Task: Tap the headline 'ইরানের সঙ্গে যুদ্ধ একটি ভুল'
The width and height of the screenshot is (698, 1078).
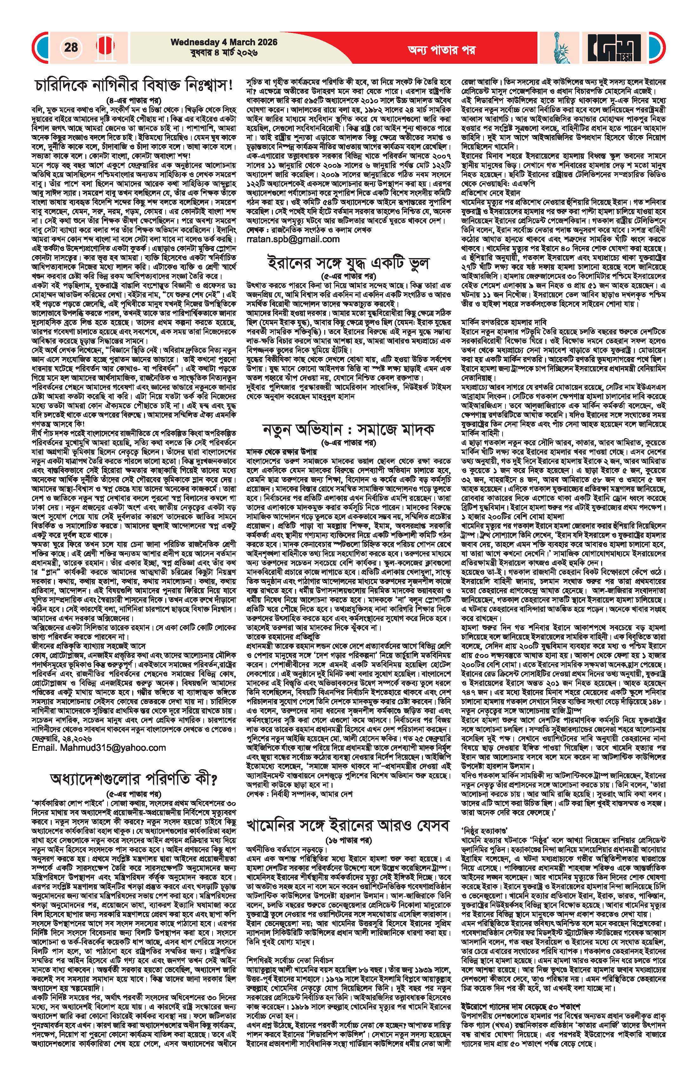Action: (348, 263)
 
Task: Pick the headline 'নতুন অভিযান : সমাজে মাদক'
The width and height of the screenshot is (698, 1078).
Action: (348, 428)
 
